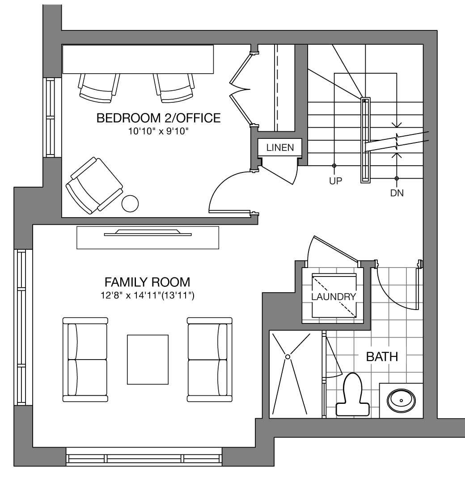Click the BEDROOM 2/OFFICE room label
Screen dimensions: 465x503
[158, 118]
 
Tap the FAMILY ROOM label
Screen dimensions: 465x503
[148, 282]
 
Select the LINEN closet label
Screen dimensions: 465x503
[280, 147]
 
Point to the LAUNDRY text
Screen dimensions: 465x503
[334, 297]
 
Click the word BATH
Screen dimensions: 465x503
[382, 357]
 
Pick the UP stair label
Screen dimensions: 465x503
[336, 181]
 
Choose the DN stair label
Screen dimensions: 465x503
[397, 193]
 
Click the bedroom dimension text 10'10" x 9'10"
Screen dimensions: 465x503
[158, 131]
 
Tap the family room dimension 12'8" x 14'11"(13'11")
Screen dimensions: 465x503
[148, 295]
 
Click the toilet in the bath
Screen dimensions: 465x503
[352, 395]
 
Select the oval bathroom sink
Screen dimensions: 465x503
[401, 400]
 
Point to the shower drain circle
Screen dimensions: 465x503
[288, 357]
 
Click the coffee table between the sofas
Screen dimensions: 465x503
[148, 360]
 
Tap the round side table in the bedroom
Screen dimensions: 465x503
[130, 203]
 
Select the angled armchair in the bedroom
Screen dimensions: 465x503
[94, 185]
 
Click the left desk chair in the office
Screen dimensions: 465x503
[98, 88]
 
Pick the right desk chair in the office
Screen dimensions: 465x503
[174, 88]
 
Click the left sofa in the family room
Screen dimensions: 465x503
[85, 360]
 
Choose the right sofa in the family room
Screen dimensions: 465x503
[210, 360]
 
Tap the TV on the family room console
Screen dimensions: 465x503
[148, 233]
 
